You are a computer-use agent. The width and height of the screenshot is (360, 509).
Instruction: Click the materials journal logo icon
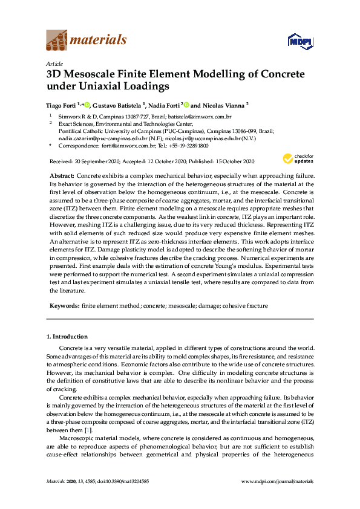(x=56, y=41)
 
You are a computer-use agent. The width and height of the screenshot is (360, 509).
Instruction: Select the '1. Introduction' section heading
(x=67, y=336)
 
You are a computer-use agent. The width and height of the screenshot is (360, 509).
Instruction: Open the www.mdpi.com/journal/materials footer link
(x=277, y=481)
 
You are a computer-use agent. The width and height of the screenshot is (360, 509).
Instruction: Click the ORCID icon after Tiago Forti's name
(x=88, y=104)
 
